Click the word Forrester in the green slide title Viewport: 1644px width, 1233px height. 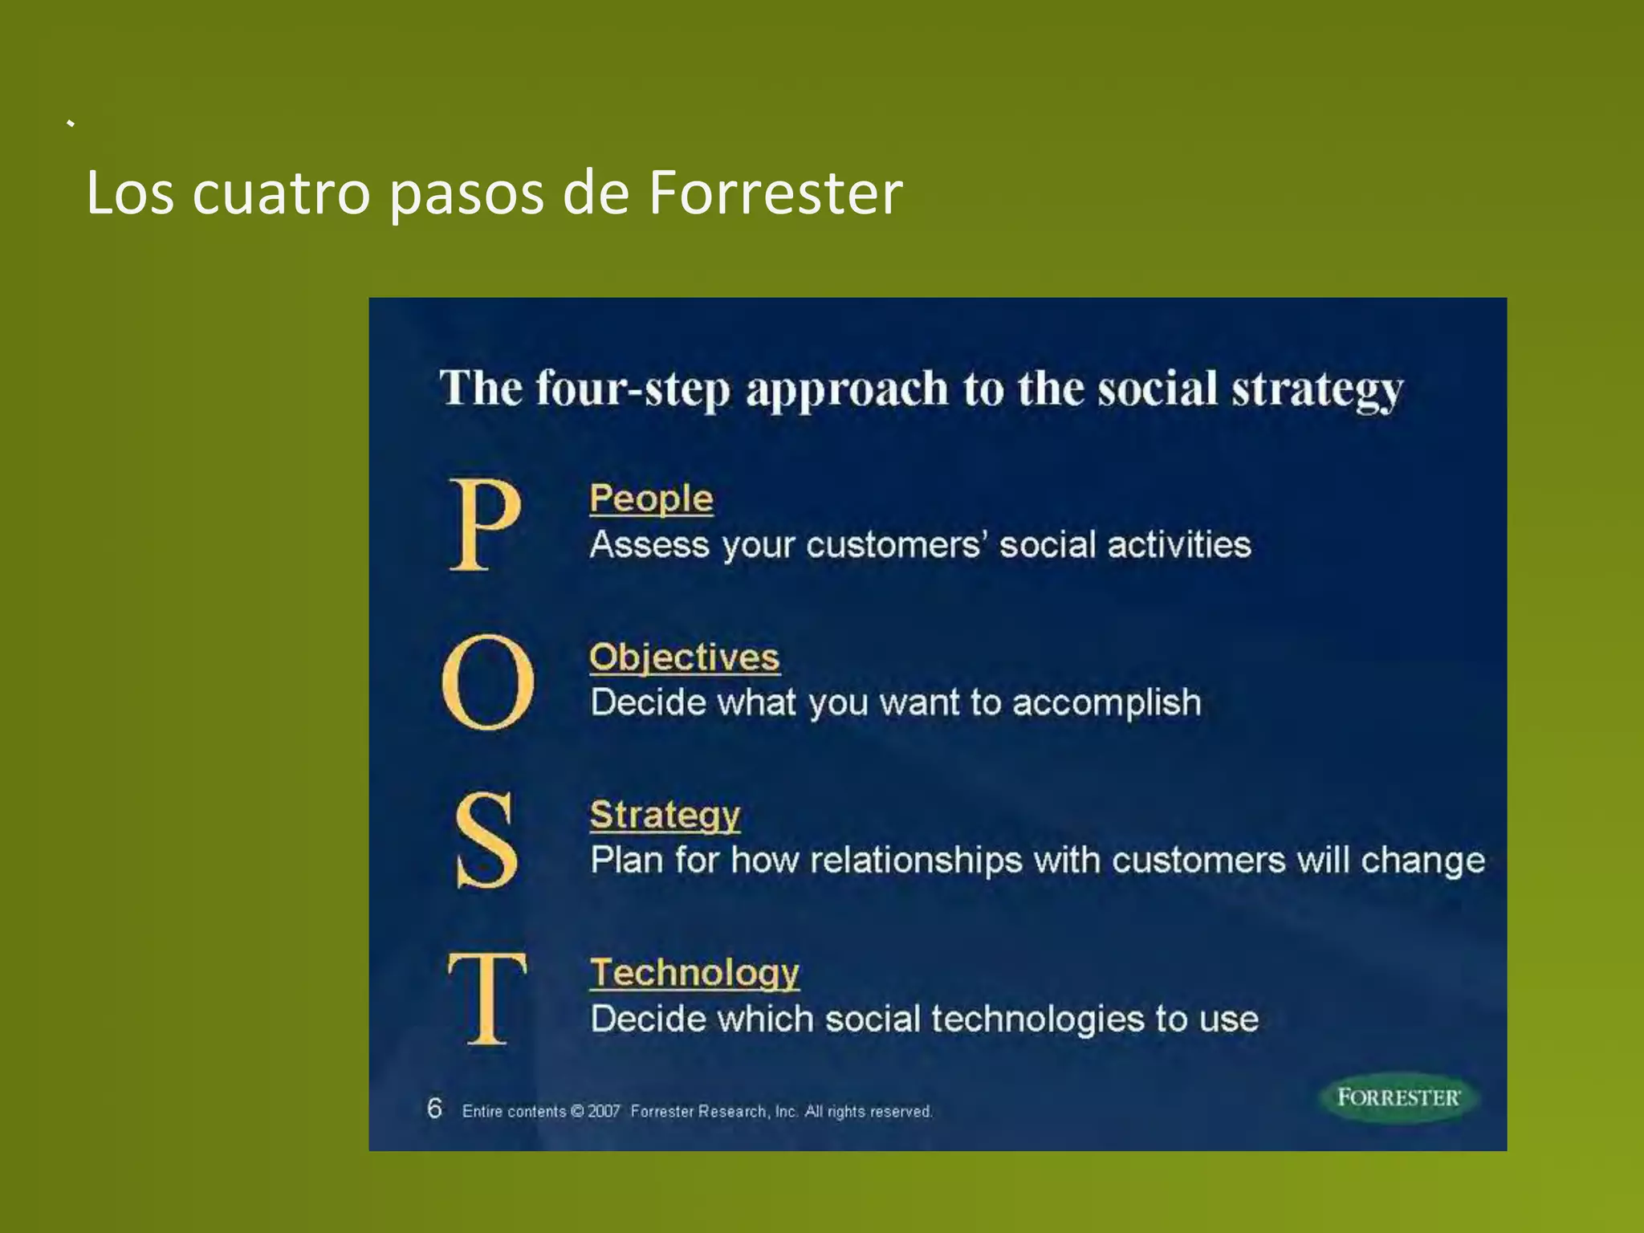[x=775, y=193]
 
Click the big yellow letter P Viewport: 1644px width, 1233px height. [x=484, y=524]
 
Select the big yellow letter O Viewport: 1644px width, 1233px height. [x=488, y=682]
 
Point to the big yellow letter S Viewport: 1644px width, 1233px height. [x=486, y=840]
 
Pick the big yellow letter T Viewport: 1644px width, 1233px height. [x=487, y=998]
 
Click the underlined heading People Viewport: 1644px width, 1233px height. [x=651, y=498]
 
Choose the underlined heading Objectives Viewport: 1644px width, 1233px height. [x=684, y=657]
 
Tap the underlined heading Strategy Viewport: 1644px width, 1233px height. [x=665, y=815]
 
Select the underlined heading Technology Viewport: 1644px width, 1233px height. [x=694, y=973]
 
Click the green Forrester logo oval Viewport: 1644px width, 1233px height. [x=1398, y=1097]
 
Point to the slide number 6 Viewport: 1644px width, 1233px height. [x=434, y=1109]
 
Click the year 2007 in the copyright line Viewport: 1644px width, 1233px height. [x=604, y=1112]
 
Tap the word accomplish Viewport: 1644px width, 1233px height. [x=1106, y=703]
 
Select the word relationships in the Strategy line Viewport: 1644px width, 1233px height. [x=916, y=861]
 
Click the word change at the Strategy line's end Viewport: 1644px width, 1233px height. [x=1422, y=861]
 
